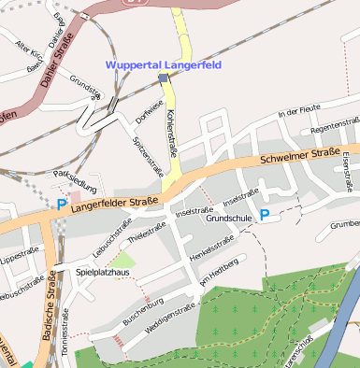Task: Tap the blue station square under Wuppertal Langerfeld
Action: tap(163, 78)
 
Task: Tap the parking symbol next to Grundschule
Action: tap(265, 215)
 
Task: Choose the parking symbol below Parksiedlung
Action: tap(62, 204)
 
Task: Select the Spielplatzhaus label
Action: tap(105, 272)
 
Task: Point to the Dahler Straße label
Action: tap(59, 59)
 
